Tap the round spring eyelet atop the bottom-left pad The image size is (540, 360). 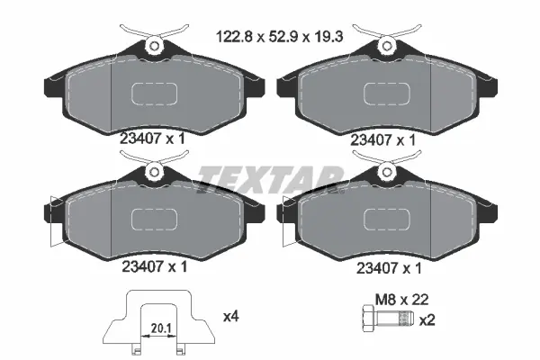point(155,172)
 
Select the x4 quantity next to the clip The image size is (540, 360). point(231,317)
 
